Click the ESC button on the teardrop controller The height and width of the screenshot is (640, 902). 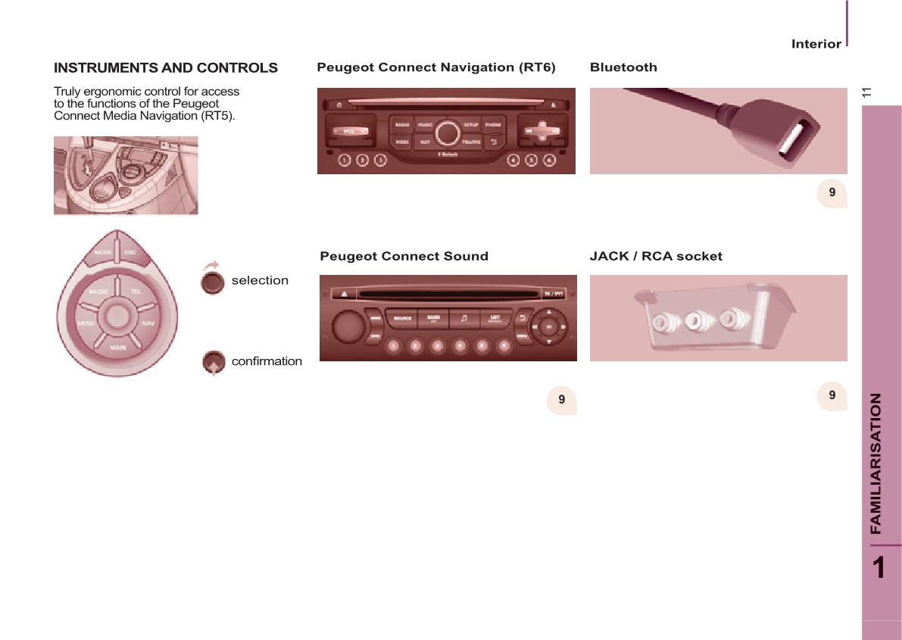tap(130, 253)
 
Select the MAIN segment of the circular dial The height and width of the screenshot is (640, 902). tap(118, 347)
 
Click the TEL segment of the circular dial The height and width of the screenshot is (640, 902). tap(136, 292)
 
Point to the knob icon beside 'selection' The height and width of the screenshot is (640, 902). tap(214, 282)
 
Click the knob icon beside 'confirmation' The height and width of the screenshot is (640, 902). tap(214, 363)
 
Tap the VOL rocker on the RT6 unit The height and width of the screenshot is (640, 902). tap(349, 131)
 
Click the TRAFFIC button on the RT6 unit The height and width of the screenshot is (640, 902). tap(471, 142)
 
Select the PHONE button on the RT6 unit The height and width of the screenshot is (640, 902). tap(493, 123)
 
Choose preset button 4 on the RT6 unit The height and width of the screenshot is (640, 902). tap(513, 160)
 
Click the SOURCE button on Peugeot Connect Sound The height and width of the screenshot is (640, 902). tap(402, 318)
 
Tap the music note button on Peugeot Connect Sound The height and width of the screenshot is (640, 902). tap(464, 318)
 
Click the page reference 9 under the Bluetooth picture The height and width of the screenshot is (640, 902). tap(832, 193)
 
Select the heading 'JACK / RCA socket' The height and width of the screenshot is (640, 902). tap(656, 256)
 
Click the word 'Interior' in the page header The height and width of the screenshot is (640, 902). tap(816, 44)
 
